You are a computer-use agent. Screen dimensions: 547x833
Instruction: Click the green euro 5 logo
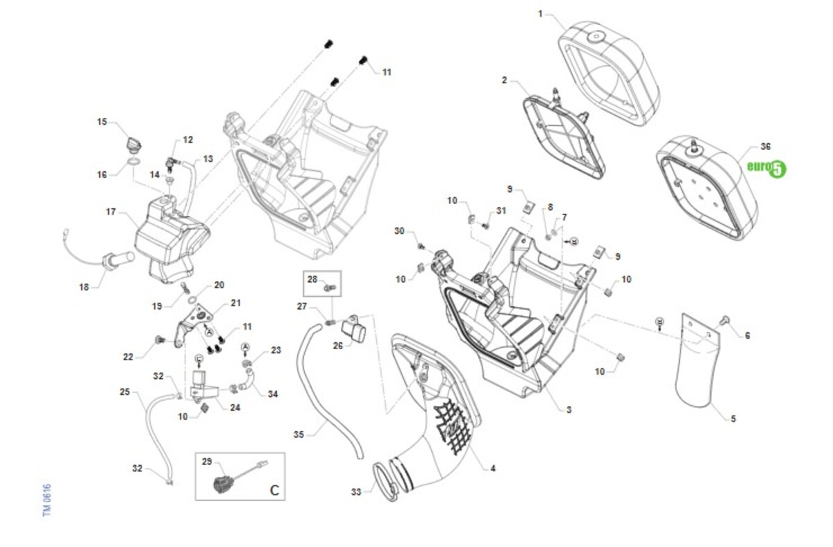coord(766,167)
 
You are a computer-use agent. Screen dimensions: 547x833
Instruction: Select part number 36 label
coord(765,146)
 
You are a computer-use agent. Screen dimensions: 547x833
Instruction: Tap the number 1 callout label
coord(541,13)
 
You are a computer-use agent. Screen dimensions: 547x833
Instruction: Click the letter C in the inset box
coord(274,490)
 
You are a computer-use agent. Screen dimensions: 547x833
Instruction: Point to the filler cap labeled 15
coord(132,143)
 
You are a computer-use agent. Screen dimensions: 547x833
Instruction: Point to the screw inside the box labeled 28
coord(330,286)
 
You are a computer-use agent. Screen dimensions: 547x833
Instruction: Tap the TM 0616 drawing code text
coord(47,500)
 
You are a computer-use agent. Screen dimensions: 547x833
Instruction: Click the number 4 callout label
coord(493,468)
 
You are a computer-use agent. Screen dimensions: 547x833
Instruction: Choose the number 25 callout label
coord(124,392)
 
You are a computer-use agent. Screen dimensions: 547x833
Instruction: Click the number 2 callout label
coord(505,80)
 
